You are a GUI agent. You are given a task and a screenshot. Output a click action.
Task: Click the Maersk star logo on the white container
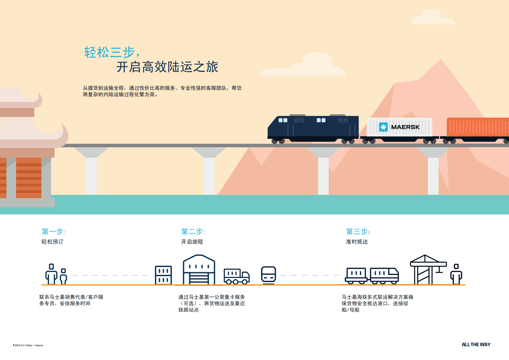click(383, 127)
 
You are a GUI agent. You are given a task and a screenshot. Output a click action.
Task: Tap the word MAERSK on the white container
click(405, 127)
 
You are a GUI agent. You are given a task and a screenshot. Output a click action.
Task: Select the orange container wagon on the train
click(478, 127)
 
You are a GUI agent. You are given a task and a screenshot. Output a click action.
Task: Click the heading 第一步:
click(54, 231)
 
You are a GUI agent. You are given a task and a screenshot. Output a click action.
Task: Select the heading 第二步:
click(193, 231)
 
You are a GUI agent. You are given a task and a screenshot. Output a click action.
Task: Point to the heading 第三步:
click(358, 231)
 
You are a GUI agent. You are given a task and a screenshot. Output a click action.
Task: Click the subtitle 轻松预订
click(52, 242)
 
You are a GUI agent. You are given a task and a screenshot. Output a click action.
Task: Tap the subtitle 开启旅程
click(192, 242)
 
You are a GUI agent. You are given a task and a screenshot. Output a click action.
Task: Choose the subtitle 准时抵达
click(357, 242)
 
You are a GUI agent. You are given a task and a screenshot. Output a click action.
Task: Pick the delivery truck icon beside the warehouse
click(237, 276)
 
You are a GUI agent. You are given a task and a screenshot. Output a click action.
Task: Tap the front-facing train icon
click(268, 275)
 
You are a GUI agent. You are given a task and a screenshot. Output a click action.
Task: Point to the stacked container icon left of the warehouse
click(163, 275)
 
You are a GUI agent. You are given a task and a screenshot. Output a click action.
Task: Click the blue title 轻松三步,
click(112, 52)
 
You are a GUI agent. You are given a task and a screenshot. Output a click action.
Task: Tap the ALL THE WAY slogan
click(476, 345)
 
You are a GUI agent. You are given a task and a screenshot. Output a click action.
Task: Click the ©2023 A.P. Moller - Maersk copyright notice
click(28, 345)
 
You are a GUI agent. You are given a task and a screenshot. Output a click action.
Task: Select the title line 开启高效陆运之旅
click(167, 67)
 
